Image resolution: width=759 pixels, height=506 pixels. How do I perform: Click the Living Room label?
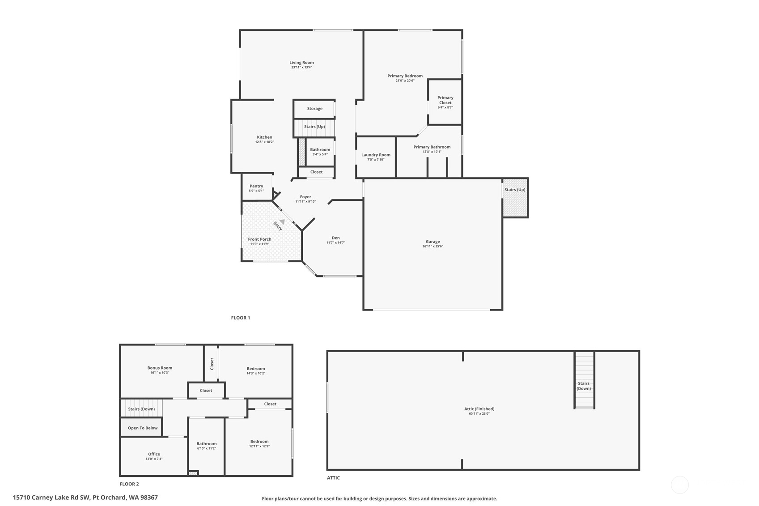[x=301, y=63]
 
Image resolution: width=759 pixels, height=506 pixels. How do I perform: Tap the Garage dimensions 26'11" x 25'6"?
[x=433, y=247]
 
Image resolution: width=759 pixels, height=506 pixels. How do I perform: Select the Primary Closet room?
[x=445, y=102]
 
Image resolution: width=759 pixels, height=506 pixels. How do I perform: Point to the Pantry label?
[x=256, y=186]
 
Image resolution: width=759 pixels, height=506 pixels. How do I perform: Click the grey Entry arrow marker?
[x=282, y=221]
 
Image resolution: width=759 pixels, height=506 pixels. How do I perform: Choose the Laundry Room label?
[x=376, y=155]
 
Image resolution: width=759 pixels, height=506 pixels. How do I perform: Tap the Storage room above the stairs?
[x=314, y=109]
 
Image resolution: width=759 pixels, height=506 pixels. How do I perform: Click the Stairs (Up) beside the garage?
[x=515, y=190]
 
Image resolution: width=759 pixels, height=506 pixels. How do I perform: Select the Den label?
[x=335, y=238]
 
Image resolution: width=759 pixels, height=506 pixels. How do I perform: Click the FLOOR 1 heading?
[x=241, y=318]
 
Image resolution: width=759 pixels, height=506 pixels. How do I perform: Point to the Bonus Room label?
[x=160, y=368]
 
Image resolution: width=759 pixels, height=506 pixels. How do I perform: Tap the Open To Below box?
[x=142, y=428]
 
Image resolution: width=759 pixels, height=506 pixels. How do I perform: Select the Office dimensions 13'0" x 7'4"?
[x=154, y=459]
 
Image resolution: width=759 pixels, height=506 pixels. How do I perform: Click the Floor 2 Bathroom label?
[x=207, y=444]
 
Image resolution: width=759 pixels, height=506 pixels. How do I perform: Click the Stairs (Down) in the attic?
[x=584, y=386]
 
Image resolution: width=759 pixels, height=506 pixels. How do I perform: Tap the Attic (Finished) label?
[x=479, y=409]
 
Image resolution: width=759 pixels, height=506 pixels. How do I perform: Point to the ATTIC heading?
[x=333, y=478]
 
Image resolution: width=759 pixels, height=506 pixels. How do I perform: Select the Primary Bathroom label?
[x=432, y=147]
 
